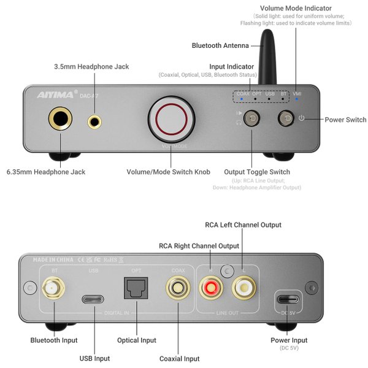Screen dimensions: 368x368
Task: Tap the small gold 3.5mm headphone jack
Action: pyautogui.click(x=94, y=121)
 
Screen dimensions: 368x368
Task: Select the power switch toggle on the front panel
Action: pyautogui.click(x=285, y=118)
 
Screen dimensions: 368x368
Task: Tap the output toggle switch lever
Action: pyautogui.click(x=251, y=118)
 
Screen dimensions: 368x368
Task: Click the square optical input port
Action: pyautogui.click(x=136, y=286)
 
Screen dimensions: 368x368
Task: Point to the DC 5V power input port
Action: pyautogui.click(x=288, y=299)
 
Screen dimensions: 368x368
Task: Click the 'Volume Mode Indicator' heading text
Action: pyautogui.click(x=296, y=8)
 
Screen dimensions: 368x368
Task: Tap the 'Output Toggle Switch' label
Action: pyautogui.click(x=257, y=172)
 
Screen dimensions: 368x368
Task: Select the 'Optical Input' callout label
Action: pyautogui.click(x=136, y=340)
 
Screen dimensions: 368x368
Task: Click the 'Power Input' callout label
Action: pyautogui.click(x=289, y=340)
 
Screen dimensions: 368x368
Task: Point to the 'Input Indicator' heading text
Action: pyautogui.click(x=231, y=66)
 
